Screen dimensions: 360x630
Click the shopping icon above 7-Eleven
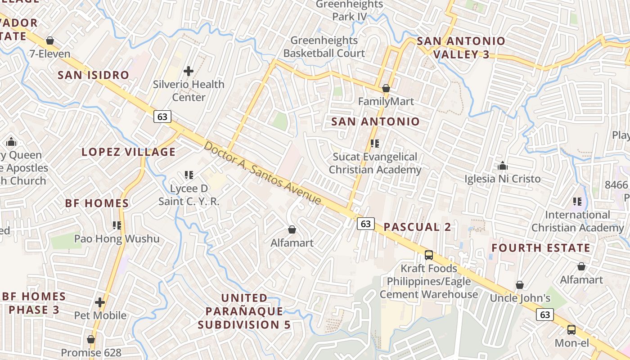[x=50, y=41]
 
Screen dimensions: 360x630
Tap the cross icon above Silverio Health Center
[x=189, y=71]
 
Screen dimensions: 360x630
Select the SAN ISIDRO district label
[x=94, y=75]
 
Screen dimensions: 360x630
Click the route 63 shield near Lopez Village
[x=162, y=117]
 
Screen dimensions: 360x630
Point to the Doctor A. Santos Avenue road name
[x=263, y=173]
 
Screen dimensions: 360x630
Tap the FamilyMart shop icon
[x=386, y=88]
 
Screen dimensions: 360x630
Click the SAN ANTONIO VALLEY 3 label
[x=461, y=48]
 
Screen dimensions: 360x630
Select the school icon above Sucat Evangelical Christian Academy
[x=375, y=144]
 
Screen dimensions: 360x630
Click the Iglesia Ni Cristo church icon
[x=503, y=166]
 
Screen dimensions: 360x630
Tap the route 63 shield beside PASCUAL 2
[x=366, y=223]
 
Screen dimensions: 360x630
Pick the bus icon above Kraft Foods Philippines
[x=429, y=255]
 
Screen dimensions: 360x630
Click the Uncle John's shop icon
[x=520, y=285]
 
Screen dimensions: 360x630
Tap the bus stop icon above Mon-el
[x=571, y=330]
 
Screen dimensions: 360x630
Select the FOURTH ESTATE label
[x=540, y=248]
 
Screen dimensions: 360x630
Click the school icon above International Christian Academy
[x=577, y=202]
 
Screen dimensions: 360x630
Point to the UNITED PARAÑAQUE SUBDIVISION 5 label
[x=245, y=311]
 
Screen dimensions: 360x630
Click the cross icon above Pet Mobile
[x=100, y=302]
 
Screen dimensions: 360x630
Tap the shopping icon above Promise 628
[x=91, y=339]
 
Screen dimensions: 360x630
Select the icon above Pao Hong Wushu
[x=117, y=225]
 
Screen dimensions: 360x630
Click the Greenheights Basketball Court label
[x=324, y=47]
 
